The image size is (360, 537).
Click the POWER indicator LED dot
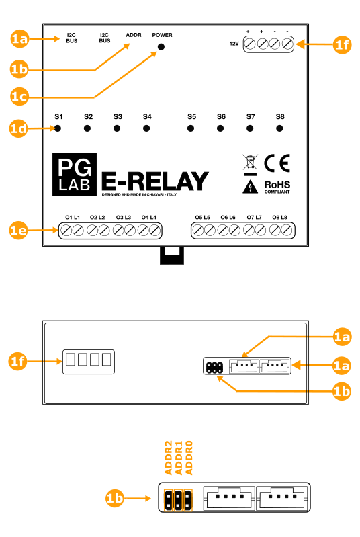(161, 47)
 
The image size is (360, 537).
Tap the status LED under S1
(58, 128)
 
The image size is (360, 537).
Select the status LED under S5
(191, 128)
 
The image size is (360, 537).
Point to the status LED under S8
(279, 128)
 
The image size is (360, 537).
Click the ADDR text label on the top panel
(134, 35)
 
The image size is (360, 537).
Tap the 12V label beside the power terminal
(234, 44)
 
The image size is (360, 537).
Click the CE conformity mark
(277, 163)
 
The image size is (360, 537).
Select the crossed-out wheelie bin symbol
(250, 163)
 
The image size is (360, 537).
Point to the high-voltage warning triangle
(250, 187)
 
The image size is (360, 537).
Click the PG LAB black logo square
(75, 175)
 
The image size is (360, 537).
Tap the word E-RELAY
(155, 181)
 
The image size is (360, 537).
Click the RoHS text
(277, 185)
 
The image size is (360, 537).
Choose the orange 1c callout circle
(19, 97)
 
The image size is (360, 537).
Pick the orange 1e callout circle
(19, 230)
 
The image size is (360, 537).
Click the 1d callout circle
(19, 128)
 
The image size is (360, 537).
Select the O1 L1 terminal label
(73, 218)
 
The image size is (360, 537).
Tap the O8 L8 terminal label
(279, 218)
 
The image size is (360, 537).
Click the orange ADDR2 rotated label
(169, 458)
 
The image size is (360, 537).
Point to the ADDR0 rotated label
(189, 458)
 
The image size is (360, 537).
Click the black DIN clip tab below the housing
(172, 255)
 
